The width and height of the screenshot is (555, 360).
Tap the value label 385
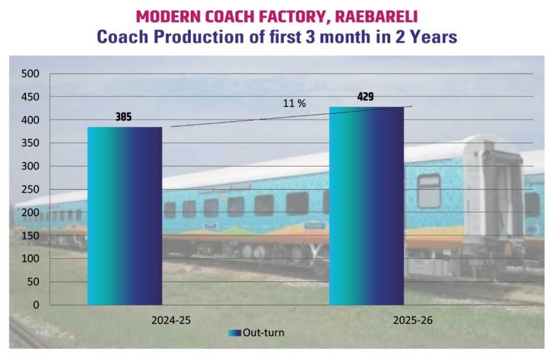coord(123,116)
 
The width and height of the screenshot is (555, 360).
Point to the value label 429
coord(365,97)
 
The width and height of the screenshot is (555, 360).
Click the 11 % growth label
coord(295,103)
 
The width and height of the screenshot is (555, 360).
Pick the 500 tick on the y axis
coord(30,74)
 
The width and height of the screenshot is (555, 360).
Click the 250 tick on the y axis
coord(30,190)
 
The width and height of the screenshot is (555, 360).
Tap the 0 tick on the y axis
coord(36,305)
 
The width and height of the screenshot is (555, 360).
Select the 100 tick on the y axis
coord(30,259)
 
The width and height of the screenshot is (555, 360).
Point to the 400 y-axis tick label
coord(30,120)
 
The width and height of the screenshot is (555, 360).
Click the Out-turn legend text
coord(263,333)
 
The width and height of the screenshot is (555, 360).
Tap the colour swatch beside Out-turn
coord(234,333)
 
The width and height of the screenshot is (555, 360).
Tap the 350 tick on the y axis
coord(30,143)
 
